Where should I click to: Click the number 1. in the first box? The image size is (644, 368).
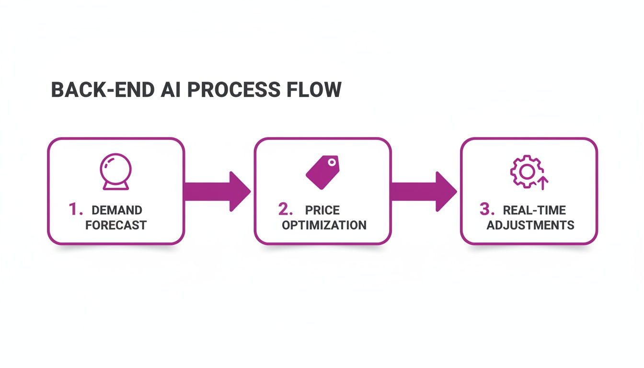76,209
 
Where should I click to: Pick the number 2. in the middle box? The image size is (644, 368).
286,209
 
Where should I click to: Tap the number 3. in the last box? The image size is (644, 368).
487,209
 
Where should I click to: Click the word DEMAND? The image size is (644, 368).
116,210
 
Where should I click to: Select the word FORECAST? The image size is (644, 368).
116,225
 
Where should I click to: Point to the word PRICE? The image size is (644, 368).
322,210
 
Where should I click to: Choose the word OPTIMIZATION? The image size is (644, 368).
324,225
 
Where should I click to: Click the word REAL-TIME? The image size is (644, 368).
534,210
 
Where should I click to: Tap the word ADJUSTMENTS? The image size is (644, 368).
530,225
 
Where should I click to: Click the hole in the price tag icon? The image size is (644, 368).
331,163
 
